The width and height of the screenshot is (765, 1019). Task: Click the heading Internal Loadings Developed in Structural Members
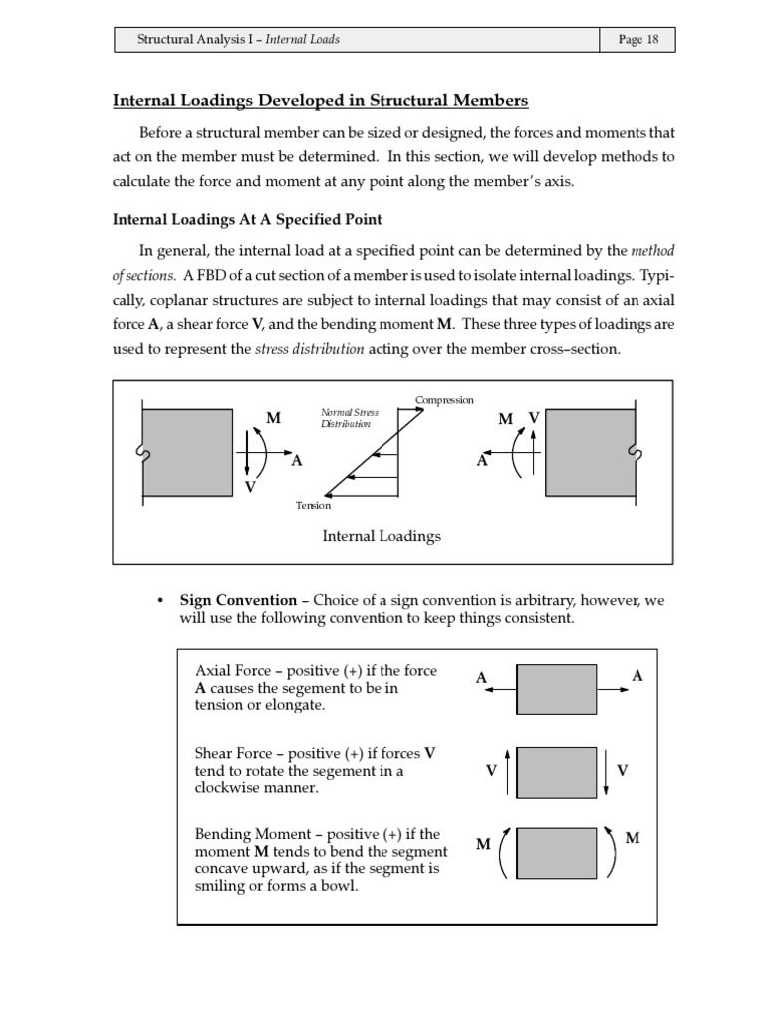pyautogui.click(x=320, y=101)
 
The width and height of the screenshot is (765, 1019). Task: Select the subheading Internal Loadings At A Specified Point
pyautogui.click(x=247, y=219)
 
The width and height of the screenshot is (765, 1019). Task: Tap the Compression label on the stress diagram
pyautogui.click(x=444, y=400)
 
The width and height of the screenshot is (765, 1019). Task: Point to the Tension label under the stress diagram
pyautogui.click(x=313, y=505)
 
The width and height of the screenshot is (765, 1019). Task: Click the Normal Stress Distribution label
pyautogui.click(x=345, y=417)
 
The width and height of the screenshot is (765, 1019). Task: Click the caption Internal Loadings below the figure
pyautogui.click(x=382, y=536)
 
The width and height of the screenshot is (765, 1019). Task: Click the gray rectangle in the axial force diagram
pyautogui.click(x=556, y=689)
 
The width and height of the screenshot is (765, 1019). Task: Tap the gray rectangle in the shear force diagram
pyautogui.click(x=556, y=772)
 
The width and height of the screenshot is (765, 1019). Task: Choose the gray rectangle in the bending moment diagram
pyautogui.click(x=556, y=851)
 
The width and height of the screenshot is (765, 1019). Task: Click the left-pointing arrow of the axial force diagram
pyautogui.click(x=500, y=689)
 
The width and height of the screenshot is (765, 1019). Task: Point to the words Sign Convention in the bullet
pyautogui.click(x=238, y=600)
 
